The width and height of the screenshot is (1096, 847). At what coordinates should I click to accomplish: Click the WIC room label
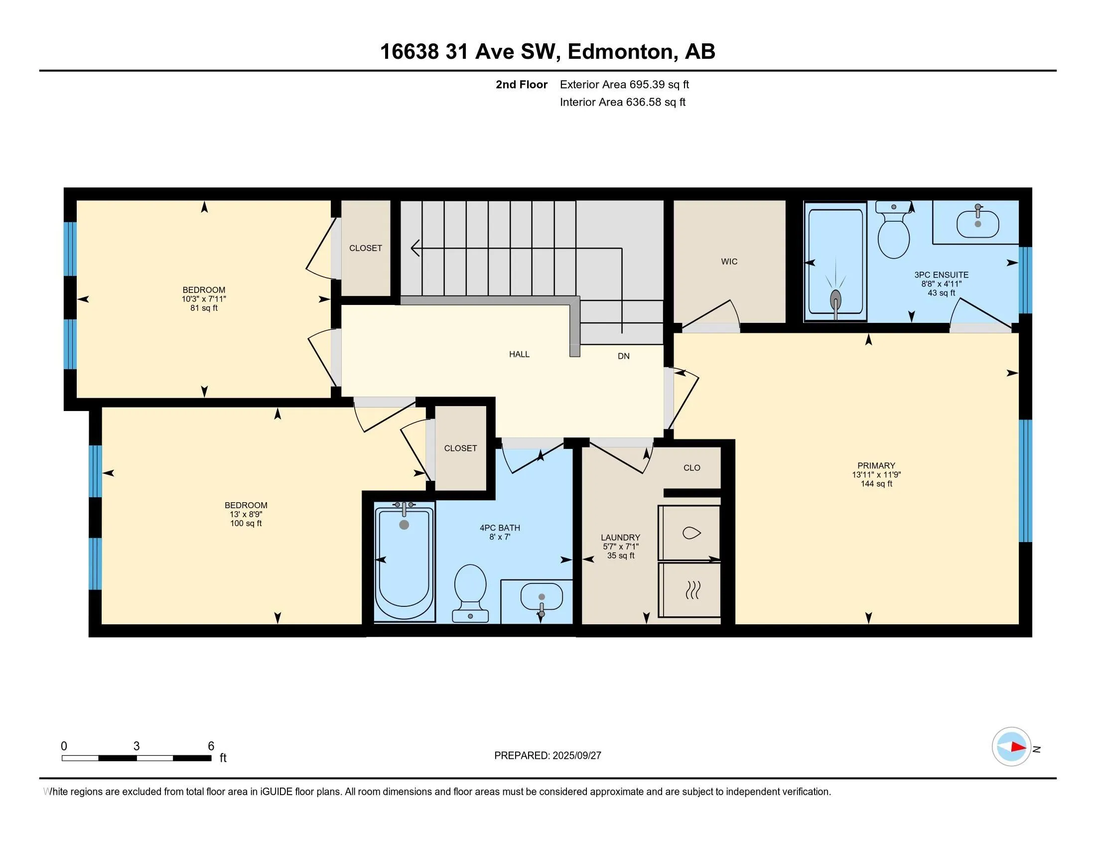tap(729, 262)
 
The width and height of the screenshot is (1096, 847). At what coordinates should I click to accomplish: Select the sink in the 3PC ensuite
tap(977, 223)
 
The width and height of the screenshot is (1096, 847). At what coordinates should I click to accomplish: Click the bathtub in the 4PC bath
tap(405, 562)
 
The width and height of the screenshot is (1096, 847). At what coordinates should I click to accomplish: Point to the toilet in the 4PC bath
tap(470, 592)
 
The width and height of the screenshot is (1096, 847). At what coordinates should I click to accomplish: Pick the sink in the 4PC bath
tap(542, 599)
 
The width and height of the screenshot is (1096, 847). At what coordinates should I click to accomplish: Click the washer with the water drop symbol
tap(689, 533)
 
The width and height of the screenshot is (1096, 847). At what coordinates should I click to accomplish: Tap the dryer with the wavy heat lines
tap(689, 589)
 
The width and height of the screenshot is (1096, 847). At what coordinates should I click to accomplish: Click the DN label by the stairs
tap(623, 356)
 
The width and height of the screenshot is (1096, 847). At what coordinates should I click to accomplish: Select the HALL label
tap(520, 354)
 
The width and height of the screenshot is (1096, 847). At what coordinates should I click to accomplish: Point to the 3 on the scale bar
tap(137, 746)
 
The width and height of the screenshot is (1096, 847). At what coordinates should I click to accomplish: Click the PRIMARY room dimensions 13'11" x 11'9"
tap(876, 475)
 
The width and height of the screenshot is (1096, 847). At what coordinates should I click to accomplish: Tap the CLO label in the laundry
tap(691, 468)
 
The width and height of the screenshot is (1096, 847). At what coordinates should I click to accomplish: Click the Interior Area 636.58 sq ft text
tap(622, 102)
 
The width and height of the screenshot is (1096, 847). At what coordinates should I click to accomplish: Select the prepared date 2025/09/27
tap(576, 755)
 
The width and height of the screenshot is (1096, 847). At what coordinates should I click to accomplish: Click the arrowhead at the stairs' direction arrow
tap(414, 248)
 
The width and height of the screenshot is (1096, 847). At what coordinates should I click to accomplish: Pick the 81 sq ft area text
tap(204, 308)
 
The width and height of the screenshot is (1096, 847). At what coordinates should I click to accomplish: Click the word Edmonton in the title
tap(620, 52)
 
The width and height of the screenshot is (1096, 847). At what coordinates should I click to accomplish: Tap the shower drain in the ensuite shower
tap(835, 299)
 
